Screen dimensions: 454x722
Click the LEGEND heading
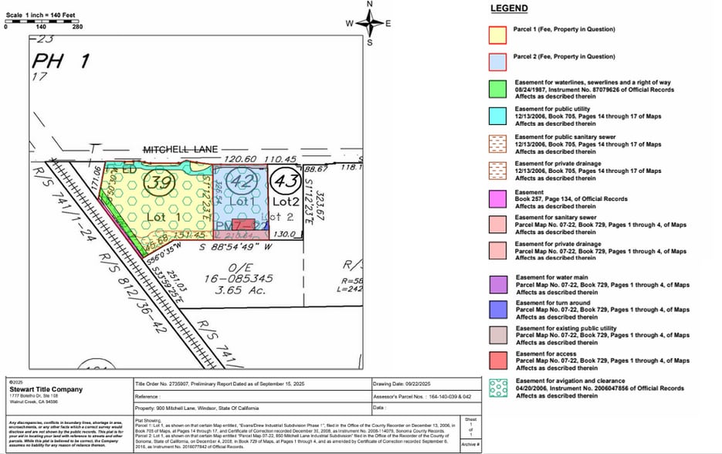[x=509, y=8]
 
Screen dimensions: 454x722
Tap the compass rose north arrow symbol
[x=369, y=23]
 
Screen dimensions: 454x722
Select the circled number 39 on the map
[x=161, y=182]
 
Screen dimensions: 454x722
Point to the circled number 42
[x=242, y=183]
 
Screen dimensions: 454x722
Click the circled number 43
[x=285, y=182]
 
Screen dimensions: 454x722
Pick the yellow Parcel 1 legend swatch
[x=498, y=33]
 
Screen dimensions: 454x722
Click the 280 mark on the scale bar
[x=77, y=26]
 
